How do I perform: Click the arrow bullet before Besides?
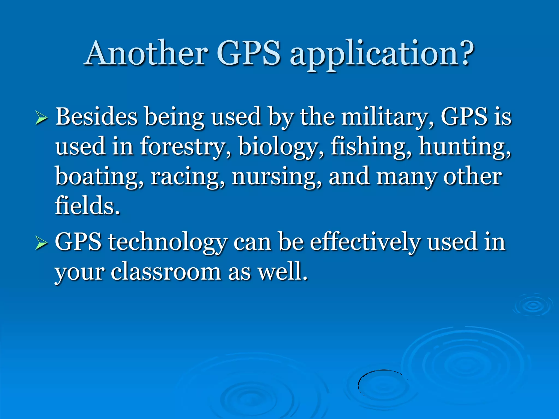[41, 119]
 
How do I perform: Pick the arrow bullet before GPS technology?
[41, 243]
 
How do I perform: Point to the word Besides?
[96, 117]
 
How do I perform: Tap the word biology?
[281, 147]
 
